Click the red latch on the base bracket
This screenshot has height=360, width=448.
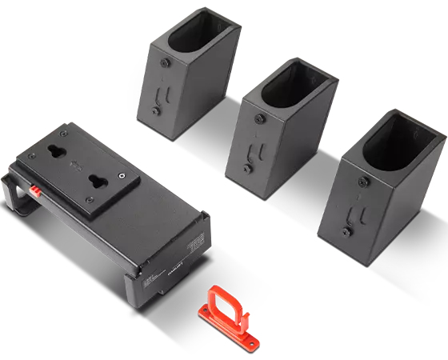click(x=36, y=190)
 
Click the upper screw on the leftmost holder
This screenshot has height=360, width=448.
click(x=165, y=62)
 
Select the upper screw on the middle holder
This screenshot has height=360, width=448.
click(x=258, y=118)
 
